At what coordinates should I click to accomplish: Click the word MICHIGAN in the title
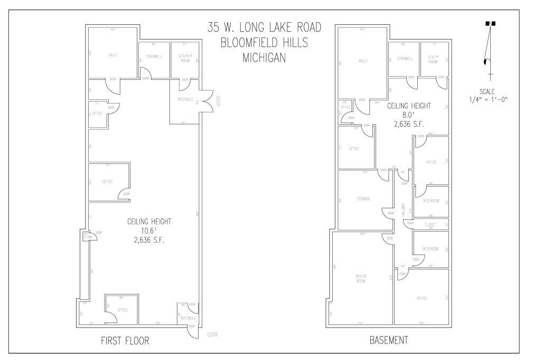point(264,59)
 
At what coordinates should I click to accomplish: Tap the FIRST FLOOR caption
point(125,341)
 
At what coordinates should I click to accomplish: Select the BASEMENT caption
point(388,341)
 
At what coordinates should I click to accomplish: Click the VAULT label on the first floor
point(113,54)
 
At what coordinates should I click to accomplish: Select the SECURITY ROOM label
point(184,58)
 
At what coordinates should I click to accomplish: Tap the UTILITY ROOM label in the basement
point(433,60)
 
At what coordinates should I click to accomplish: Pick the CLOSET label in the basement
point(430,224)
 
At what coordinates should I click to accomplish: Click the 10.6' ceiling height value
point(149,231)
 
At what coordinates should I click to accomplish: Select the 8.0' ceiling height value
point(409,115)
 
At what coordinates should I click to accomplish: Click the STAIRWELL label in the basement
point(404,59)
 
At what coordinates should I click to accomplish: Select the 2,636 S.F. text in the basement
point(409,125)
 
